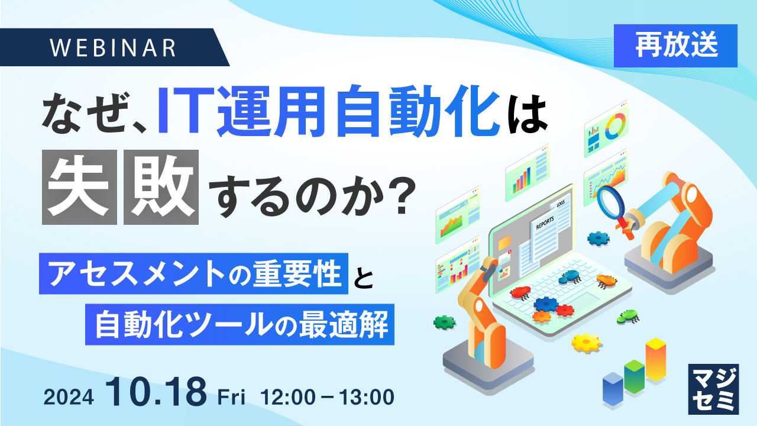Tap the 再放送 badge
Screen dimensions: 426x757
(x=675, y=46)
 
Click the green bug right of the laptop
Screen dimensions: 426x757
(x=627, y=317)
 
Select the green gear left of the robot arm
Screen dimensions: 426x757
(x=444, y=322)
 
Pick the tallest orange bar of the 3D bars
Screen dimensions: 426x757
(x=655, y=359)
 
